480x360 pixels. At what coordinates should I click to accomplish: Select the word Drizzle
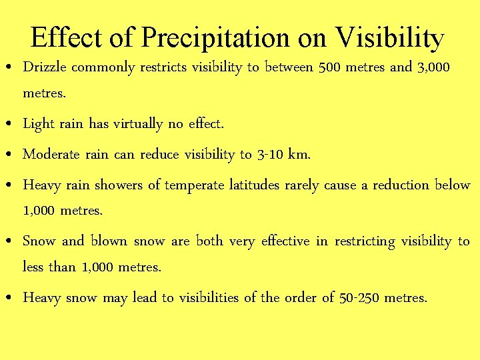point(45,68)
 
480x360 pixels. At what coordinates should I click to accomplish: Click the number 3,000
point(434,67)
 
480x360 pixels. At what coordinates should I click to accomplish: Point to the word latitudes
point(254,185)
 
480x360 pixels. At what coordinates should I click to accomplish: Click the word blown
point(109,241)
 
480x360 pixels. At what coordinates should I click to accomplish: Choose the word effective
point(285,241)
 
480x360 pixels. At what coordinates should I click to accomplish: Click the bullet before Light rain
point(7,125)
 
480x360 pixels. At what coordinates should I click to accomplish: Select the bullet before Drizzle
point(7,69)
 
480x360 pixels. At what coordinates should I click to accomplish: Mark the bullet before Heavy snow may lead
point(7,299)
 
